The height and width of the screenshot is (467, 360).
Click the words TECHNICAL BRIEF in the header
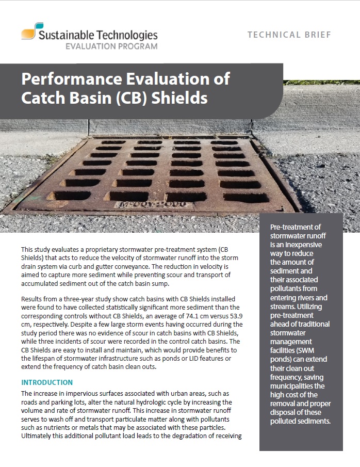tap(289, 35)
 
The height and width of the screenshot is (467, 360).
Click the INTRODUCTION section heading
tap(47, 382)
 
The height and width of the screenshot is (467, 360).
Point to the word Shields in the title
tap(178, 98)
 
